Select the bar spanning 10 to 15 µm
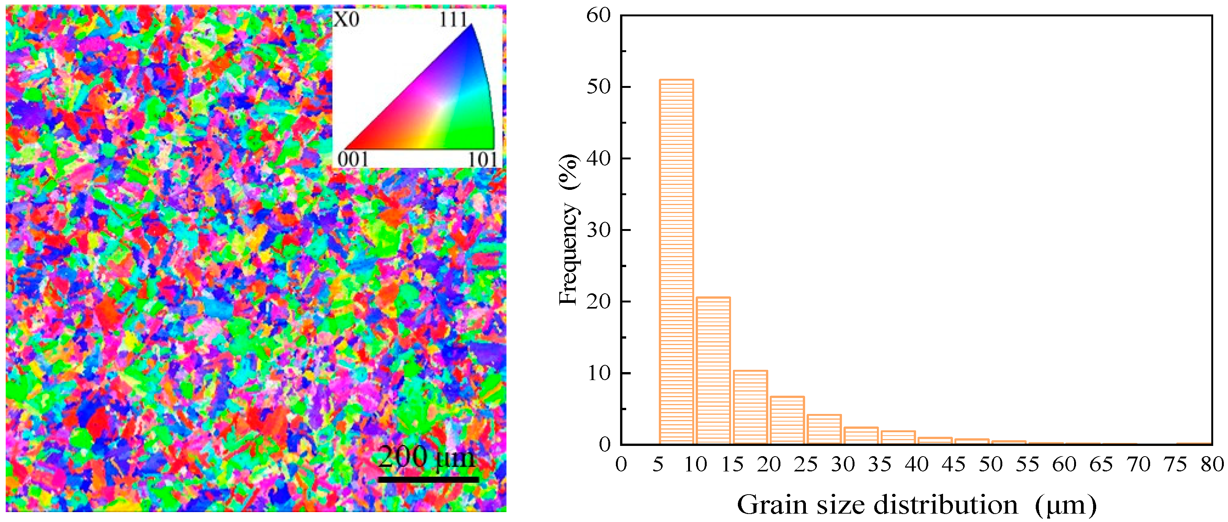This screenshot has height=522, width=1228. tap(713, 370)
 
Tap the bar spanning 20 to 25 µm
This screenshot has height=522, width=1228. tap(787, 420)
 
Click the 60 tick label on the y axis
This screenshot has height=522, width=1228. tap(598, 15)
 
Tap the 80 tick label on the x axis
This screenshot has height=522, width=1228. tap(1212, 464)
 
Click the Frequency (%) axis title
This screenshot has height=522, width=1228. tap(568, 229)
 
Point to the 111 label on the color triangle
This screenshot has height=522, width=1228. tap(453, 19)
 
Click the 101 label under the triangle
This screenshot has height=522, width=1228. tap(483, 159)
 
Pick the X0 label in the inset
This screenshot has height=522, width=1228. tap(346, 20)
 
